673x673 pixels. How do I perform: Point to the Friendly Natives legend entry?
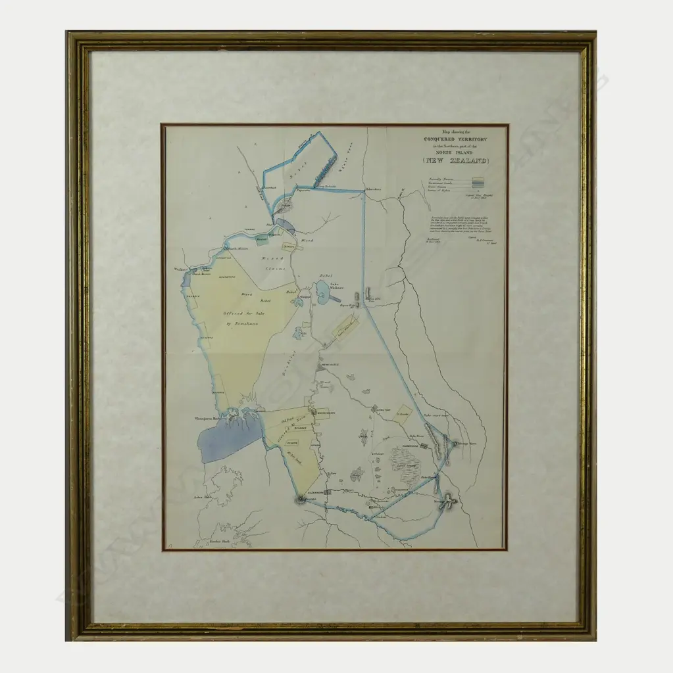tap(437, 178)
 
